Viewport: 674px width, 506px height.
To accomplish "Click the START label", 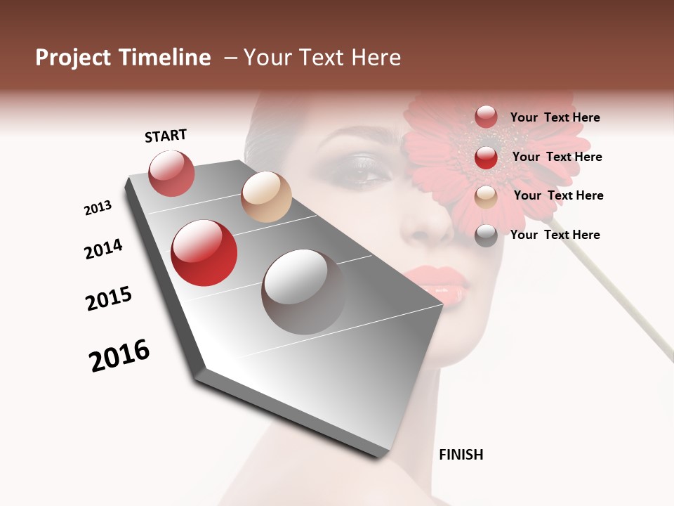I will [x=166, y=136].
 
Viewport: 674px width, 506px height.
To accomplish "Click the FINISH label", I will [x=461, y=455].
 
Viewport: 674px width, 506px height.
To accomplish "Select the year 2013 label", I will [x=98, y=208].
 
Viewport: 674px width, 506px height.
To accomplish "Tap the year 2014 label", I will [x=103, y=249].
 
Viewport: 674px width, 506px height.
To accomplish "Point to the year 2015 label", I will [x=109, y=299].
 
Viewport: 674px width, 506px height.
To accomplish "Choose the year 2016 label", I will [x=119, y=355].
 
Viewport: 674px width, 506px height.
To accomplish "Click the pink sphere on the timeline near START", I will [x=171, y=173].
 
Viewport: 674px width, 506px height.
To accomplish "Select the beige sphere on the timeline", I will [x=266, y=197].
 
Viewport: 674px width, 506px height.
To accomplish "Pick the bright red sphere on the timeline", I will [x=204, y=253].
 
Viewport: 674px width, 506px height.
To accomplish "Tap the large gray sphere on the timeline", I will [x=303, y=292].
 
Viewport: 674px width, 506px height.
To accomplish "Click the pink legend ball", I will [x=486, y=117].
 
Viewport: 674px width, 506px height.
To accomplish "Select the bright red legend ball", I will [x=486, y=157].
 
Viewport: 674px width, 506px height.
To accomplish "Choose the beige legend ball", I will [x=486, y=196].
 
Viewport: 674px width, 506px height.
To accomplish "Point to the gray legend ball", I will [x=486, y=235].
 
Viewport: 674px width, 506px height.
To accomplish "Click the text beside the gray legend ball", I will [x=555, y=235].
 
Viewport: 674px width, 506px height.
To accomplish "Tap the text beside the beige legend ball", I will [x=558, y=195].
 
